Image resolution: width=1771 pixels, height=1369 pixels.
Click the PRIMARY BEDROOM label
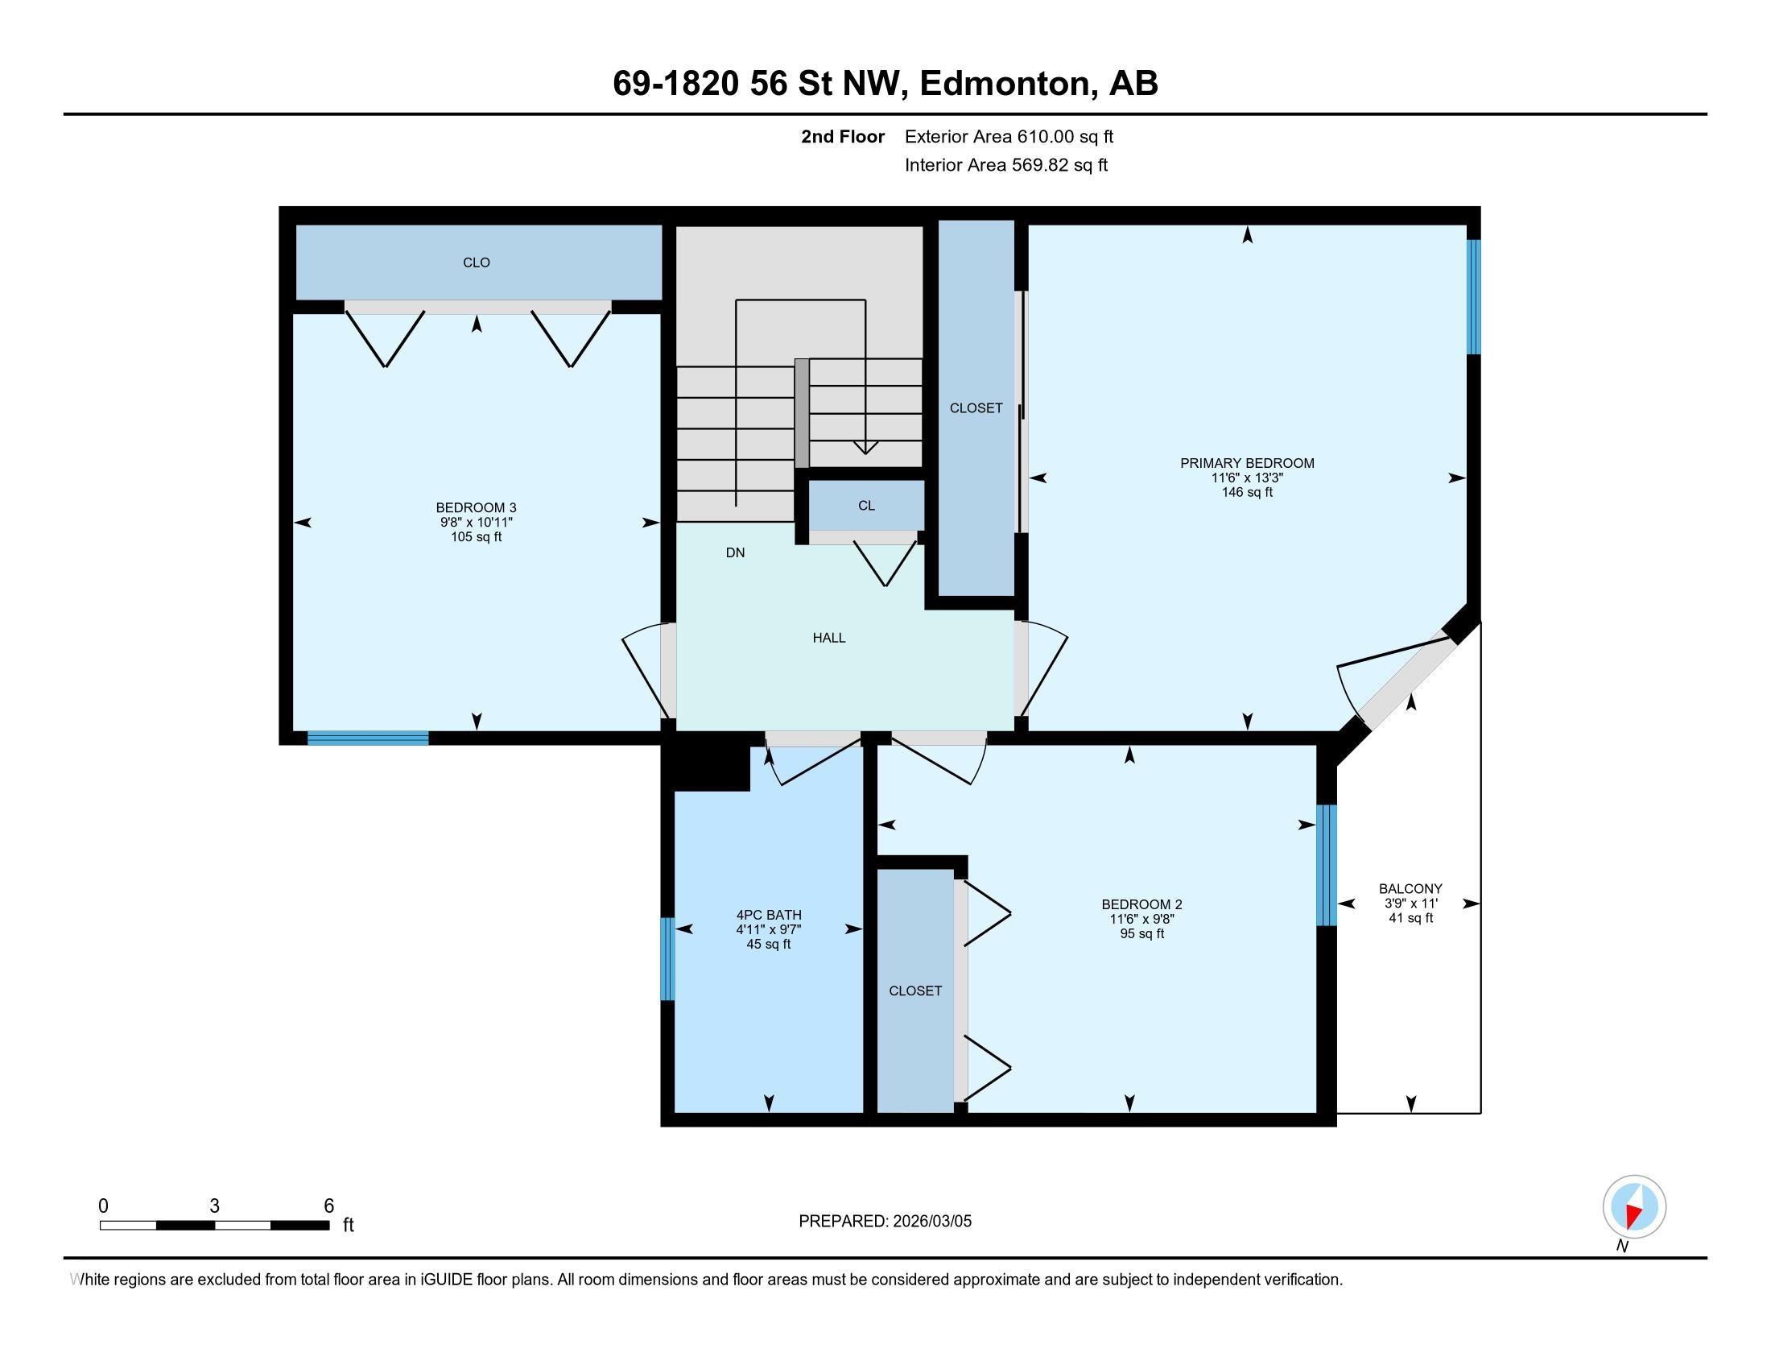[1246, 463]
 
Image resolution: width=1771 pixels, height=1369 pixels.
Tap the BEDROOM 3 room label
[476, 507]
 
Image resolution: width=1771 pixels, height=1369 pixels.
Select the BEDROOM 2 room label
[1141, 904]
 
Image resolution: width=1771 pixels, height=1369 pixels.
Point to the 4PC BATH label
[769, 915]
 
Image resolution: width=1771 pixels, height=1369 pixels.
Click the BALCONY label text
[1410, 889]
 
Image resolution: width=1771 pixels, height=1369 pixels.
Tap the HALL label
[828, 639]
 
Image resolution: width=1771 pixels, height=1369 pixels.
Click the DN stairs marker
[735, 553]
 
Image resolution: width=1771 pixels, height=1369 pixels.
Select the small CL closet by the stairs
[866, 505]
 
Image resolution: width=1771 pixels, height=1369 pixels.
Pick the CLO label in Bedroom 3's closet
[476, 263]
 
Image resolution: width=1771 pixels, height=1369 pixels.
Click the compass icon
[1634, 1207]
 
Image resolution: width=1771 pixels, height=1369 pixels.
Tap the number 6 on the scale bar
[328, 1206]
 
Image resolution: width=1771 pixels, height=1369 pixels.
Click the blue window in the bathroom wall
[667, 958]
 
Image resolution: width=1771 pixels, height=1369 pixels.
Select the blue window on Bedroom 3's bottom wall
[367, 738]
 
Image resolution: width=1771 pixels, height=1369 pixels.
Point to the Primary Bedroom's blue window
[1473, 297]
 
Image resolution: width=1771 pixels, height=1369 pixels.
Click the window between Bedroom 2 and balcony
[1326, 866]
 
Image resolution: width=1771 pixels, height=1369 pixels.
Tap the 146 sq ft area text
[1246, 492]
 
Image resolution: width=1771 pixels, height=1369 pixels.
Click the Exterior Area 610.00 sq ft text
[1009, 137]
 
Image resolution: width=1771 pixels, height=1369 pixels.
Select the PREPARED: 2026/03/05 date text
[885, 1222]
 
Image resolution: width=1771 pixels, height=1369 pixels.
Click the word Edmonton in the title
[1005, 84]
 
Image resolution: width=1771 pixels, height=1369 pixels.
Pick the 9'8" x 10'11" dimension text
[476, 523]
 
